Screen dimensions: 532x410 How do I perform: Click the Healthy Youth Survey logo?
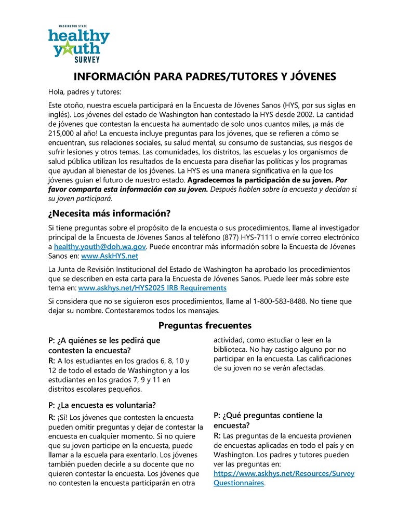coord(78,42)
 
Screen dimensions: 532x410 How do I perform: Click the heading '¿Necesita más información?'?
coord(109,214)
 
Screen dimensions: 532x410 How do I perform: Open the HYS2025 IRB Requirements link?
coord(152,287)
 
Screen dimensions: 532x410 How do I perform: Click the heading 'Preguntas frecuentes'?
coord(205,326)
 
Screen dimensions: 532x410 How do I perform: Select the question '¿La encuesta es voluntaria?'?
coord(102,405)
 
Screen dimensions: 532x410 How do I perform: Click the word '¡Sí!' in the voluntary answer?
coord(62,417)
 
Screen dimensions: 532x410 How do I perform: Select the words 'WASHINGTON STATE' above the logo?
coord(73,25)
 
